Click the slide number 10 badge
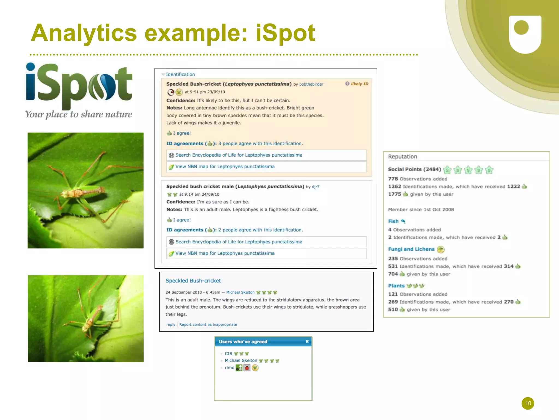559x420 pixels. tap(528, 403)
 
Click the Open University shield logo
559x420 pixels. tap(525, 34)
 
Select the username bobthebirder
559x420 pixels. tap(311, 84)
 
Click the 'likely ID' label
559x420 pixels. tap(359, 84)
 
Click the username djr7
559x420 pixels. tap(316, 187)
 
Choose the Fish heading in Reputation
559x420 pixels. tap(393, 221)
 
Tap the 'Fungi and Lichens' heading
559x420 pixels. tap(411, 249)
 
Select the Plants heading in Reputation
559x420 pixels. tap(396, 286)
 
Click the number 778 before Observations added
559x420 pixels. tap(393, 179)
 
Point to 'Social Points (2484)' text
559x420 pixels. tap(414, 169)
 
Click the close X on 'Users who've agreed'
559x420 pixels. tap(307, 341)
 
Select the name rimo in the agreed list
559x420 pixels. tap(229, 368)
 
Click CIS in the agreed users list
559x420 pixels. tap(228, 354)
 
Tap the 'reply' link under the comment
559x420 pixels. tap(171, 325)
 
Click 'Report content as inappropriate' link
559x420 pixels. tap(208, 325)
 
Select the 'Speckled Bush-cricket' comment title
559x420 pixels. tap(193, 281)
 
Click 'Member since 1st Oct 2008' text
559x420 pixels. tap(421, 210)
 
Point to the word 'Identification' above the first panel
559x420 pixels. tap(180, 74)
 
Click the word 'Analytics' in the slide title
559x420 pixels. tap(84, 33)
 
